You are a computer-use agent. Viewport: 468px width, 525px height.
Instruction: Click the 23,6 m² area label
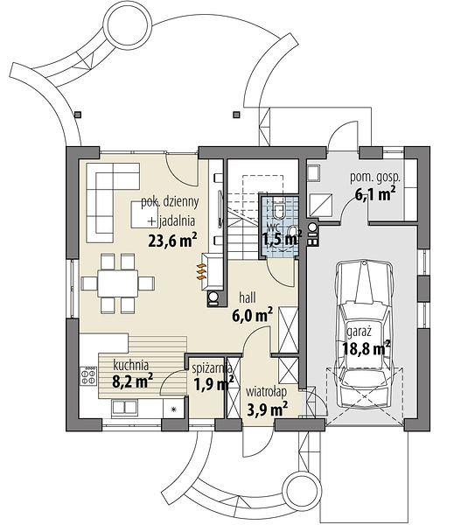pyautogui.click(x=172, y=240)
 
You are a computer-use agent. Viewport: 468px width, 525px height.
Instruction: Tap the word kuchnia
pyautogui.click(x=131, y=365)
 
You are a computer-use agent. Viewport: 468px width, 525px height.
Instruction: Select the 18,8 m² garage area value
pyautogui.click(x=367, y=348)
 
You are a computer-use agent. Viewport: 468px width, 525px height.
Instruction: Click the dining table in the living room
pyautogui.click(x=118, y=283)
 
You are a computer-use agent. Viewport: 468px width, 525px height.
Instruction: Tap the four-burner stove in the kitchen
pyautogui.click(x=88, y=376)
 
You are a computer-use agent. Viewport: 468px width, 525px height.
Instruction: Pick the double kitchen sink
pyautogui.click(x=124, y=407)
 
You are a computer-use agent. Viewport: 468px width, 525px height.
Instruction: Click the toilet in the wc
pyautogui.click(x=278, y=210)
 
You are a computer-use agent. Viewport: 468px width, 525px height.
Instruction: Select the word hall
pyautogui.click(x=248, y=298)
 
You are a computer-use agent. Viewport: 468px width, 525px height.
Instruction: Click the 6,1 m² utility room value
pyautogui.click(x=375, y=194)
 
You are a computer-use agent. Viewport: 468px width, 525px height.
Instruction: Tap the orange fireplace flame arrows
pyautogui.click(x=200, y=271)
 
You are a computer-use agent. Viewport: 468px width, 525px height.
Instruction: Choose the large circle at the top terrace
pyautogui.click(x=127, y=27)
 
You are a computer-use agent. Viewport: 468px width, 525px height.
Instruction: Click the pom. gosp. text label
pyautogui.click(x=375, y=178)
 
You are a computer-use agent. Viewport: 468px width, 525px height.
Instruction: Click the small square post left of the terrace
pyautogui.click(x=78, y=115)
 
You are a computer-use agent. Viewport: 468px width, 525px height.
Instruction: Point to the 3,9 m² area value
pyautogui.click(x=268, y=409)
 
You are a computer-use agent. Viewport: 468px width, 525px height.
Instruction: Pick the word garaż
pyautogui.click(x=360, y=332)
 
